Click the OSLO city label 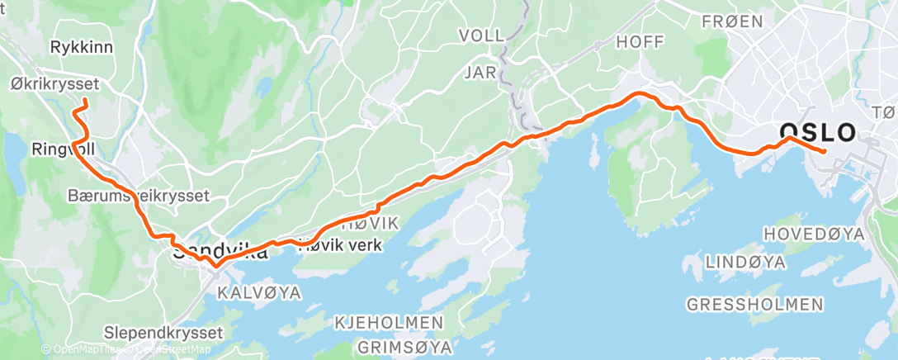(817, 133)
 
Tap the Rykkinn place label (82, 47)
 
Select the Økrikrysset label (55, 83)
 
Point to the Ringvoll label (62, 149)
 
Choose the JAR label (480, 73)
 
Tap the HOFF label (640, 41)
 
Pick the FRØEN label (732, 22)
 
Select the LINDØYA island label (744, 262)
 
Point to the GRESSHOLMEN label (754, 305)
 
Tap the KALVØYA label (259, 293)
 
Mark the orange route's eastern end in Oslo (825, 151)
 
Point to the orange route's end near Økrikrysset (85, 102)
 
